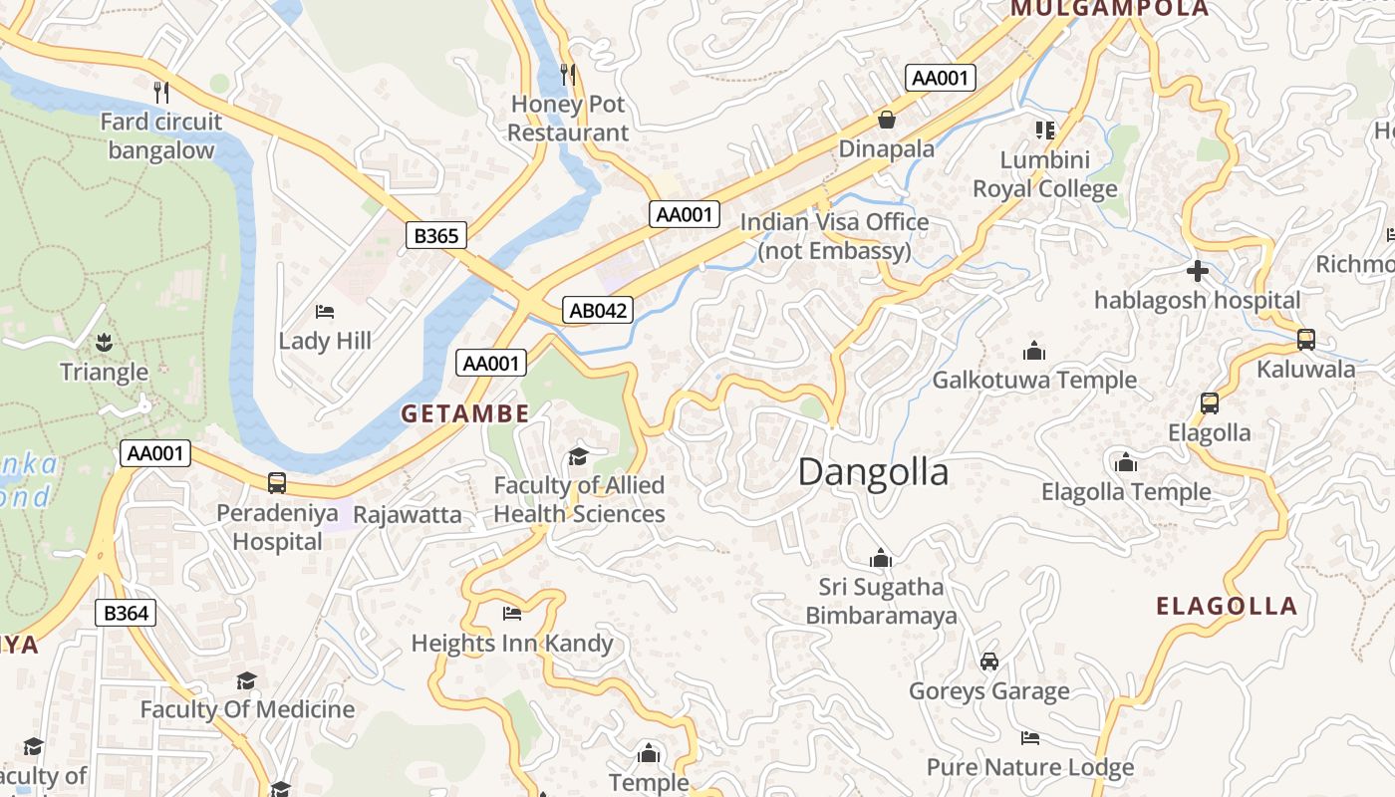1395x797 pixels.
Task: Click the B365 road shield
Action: [x=436, y=235]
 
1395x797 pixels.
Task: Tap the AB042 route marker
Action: [x=598, y=310]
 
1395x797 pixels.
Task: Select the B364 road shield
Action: [x=126, y=613]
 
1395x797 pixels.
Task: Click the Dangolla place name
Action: [x=873, y=472]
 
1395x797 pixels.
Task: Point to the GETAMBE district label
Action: [x=465, y=414]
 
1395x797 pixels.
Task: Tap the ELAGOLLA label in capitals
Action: [x=1227, y=606]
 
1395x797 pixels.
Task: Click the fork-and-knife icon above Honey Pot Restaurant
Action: [x=568, y=74]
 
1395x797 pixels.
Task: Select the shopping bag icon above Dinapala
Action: [x=886, y=120]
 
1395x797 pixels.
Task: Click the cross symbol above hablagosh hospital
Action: [x=1198, y=270]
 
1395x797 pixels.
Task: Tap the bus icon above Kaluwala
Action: [x=1305, y=340]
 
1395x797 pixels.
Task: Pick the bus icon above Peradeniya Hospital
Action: [x=277, y=483]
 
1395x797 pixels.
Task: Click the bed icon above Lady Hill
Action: [x=324, y=312]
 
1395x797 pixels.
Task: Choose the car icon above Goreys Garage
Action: [x=988, y=662]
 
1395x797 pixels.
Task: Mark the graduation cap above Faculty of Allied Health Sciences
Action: [x=578, y=456]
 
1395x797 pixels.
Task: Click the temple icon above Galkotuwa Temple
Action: [x=1034, y=351]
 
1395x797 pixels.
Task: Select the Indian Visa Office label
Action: [x=834, y=236]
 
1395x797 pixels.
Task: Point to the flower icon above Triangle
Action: [x=104, y=344]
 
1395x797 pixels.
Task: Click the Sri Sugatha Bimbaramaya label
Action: [x=881, y=601]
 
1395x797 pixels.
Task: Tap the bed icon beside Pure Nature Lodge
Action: [x=1030, y=738]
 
